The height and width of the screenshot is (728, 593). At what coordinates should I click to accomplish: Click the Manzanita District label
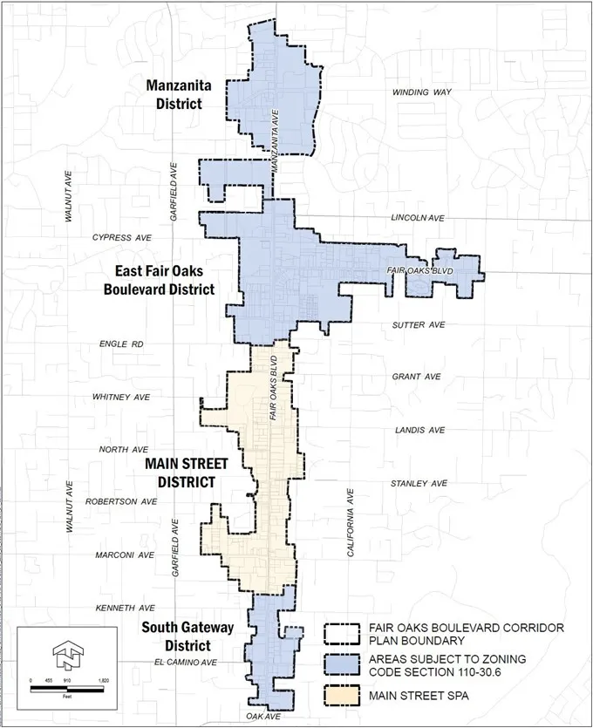(x=174, y=94)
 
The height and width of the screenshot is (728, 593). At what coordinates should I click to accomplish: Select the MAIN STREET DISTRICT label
(x=179, y=472)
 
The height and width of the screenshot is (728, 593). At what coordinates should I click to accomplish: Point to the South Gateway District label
(x=176, y=636)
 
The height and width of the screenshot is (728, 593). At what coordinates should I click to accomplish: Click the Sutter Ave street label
(x=419, y=325)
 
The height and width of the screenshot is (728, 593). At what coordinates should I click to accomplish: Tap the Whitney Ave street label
(x=121, y=397)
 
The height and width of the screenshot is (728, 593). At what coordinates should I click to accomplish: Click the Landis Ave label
(x=419, y=430)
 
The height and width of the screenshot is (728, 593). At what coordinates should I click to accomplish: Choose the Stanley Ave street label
(x=419, y=483)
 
